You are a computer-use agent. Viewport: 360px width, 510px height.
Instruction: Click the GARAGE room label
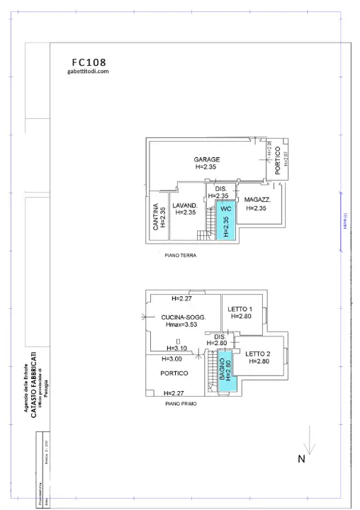208,159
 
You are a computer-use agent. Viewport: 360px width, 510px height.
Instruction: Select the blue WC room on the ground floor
226,221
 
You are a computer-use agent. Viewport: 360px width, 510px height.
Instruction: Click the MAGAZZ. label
258,200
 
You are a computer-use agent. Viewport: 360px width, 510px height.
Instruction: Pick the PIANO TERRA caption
180,256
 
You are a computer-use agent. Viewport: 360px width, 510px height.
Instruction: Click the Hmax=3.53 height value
182,325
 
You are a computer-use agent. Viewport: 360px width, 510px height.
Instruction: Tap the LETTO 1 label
241,310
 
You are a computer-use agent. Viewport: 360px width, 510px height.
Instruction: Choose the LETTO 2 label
258,353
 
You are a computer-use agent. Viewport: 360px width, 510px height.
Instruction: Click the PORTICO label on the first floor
174,373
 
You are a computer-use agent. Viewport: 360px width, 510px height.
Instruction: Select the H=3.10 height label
177,348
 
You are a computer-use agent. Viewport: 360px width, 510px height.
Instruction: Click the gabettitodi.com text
88,72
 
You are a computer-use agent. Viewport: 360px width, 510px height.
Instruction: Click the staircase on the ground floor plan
208,226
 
